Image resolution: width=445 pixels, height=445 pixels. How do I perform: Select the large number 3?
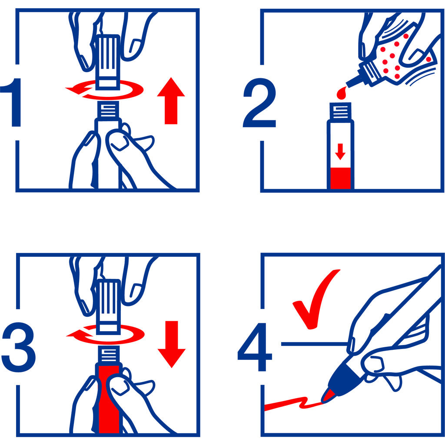(x=19, y=347)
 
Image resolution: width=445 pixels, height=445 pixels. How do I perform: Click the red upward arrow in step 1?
(x=171, y=101)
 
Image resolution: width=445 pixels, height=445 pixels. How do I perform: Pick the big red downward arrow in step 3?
(x=172, y=344)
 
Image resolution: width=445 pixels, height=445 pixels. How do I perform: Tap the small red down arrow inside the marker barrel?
(x=340, y=152)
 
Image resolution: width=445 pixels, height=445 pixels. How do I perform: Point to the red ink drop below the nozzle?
(x=342, y=93)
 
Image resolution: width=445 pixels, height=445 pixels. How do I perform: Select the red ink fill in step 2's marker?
(x=341, y=178)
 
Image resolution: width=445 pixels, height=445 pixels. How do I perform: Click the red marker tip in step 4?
(x=329, y=395)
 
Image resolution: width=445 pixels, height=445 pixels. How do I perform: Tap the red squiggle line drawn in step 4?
(x=292, y=404)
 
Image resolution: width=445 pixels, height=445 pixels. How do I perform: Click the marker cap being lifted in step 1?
(x=108, y=62)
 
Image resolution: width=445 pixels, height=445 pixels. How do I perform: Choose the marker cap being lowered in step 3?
(x=108, y=306)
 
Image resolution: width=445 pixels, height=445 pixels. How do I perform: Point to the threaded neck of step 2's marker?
(x=340, y=111)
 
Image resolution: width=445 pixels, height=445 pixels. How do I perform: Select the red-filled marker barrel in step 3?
(x=109, y=399)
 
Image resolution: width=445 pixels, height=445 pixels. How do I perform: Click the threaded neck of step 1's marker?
(x=108, y=109)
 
